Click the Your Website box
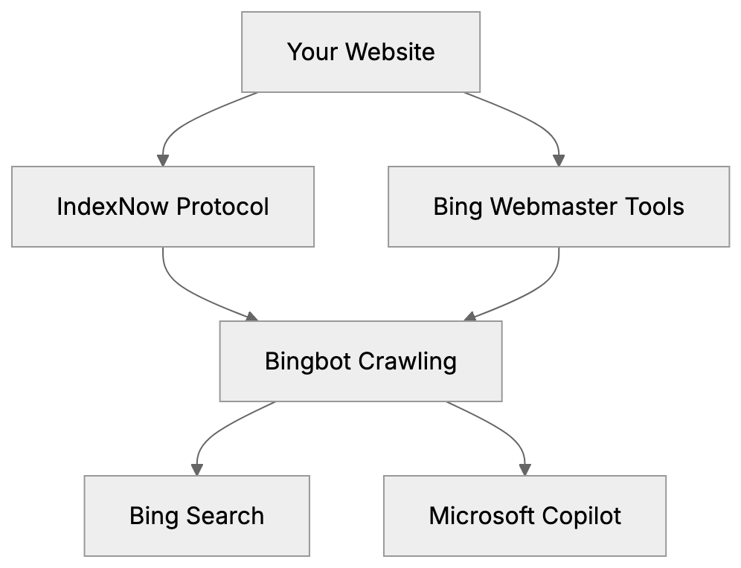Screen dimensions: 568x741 [x=361, y=52]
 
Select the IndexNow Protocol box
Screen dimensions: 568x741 [x=162, y=207]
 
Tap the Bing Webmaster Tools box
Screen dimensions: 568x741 [x=558, y=207]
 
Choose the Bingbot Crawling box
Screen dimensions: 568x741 [x=360, y=361]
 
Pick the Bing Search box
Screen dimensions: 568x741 [x=196, y=516]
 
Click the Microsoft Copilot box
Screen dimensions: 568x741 [x=525, y=516]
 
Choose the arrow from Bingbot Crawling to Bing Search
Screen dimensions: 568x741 [x=212, y=435]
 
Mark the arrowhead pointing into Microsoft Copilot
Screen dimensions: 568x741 [x=525, y=470]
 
